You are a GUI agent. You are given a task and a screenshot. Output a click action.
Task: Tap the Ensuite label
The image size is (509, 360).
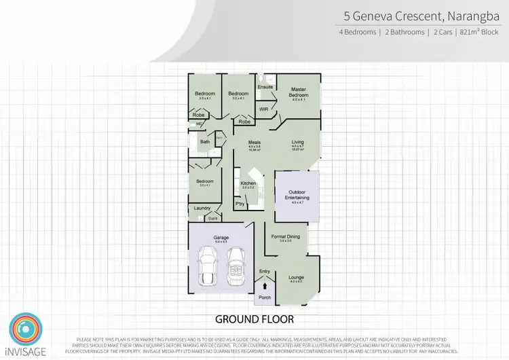(x=265, y=87)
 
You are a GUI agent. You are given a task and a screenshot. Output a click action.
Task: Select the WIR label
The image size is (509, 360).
(x=264, y=109)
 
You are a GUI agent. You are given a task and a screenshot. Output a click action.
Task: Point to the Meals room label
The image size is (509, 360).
(x=254, y=142)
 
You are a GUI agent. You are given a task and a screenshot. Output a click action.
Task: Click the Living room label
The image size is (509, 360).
(x=297, y=142)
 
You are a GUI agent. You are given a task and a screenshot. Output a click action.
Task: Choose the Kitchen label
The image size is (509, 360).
(x=248, y=183)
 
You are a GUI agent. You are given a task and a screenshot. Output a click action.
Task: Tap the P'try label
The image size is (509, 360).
(x=240, y=203)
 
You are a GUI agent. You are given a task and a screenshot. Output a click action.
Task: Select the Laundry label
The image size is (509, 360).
(x=201, y=208)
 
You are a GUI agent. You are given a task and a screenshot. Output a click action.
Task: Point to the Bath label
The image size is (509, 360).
(x=204, y=142)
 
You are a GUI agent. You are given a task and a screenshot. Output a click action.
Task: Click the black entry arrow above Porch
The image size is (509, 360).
(x=265, y=286)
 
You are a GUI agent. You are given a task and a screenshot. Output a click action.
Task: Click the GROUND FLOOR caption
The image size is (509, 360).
(x=254, y=319)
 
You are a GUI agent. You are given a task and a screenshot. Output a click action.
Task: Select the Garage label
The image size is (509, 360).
(x=221, y=237)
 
